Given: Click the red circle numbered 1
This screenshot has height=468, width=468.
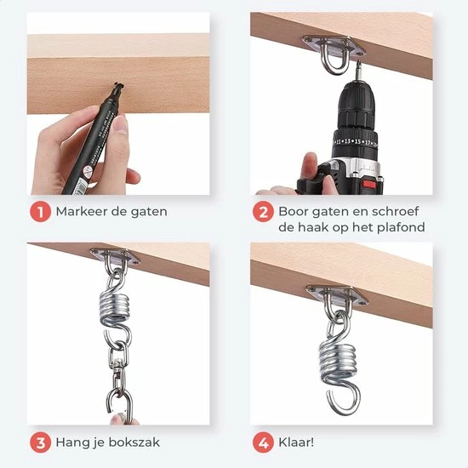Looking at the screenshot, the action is click(40, 212).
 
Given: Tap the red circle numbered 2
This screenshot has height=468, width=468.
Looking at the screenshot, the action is click(263, 212).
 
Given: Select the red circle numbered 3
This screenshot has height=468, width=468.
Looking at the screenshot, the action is click(40, 442).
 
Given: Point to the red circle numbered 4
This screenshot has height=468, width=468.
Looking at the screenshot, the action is click(263, 442).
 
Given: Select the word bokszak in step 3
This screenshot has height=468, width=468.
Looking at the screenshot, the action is click(134, 442).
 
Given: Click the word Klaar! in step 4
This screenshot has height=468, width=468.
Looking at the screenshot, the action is click(296, 442).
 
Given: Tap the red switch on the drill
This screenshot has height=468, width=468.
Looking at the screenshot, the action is click(369, 185).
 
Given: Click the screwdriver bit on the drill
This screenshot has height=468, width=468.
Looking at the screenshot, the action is click(357, 70).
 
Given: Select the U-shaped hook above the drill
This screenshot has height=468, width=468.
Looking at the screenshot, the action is click(335, 60).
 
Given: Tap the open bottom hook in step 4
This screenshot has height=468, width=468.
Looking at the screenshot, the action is click(343, 400).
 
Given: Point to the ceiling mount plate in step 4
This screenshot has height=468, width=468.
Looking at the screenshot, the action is click(337, 295).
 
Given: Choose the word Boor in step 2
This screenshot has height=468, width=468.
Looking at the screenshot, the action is click(292, 212).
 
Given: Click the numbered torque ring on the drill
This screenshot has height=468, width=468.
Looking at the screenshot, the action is click(355, 141).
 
